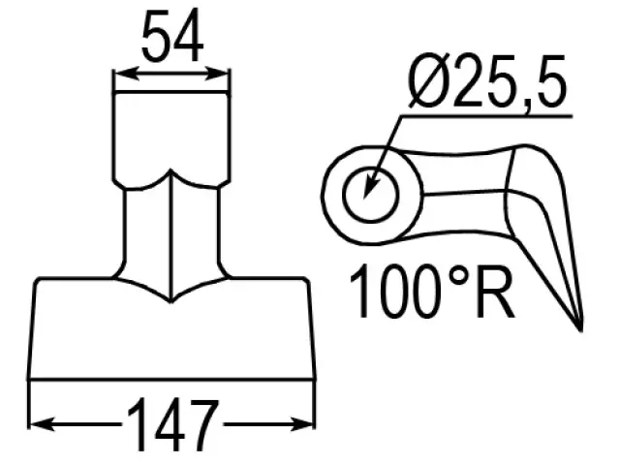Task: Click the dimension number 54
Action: [x=172, y=37]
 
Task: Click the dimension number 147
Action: [x=172, y=425]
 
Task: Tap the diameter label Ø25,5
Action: [x=487, y=81]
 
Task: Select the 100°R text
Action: [x=432, y=292]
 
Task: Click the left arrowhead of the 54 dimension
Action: [x=126, y=74]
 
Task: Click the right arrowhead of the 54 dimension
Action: [x=217, y=74]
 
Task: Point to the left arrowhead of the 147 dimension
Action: [x=42, y=424]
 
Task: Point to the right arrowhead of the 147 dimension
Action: [x=302, y=424]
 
